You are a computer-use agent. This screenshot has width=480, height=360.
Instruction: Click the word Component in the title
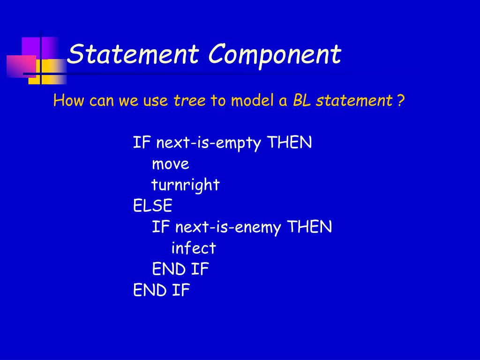(275, 55)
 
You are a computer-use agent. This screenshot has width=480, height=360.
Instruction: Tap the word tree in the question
(189, 100)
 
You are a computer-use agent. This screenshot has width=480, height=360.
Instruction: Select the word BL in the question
(302, 100)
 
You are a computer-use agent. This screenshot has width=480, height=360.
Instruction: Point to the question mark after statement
(401, 100)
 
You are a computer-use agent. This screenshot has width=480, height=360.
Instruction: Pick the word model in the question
(252, 100)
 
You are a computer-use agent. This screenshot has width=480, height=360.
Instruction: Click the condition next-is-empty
(209, 142)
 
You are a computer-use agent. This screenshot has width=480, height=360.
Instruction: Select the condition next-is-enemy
(228, 227)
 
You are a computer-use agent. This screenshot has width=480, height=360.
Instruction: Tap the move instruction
(171, 164)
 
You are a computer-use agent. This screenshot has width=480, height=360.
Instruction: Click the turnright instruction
(186, 185)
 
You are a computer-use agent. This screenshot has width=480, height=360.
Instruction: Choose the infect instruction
(194, 247)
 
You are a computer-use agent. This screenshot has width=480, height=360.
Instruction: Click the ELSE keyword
(152, 205)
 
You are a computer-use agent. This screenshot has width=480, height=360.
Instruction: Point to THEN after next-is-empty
(289, 142)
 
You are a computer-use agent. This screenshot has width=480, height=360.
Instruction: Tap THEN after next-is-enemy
(309, 227)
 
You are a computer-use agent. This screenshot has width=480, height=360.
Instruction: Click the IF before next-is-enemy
(161, 227)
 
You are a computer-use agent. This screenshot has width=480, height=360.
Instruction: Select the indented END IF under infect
(180, 269)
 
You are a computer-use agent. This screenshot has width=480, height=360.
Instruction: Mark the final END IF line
(162, 290)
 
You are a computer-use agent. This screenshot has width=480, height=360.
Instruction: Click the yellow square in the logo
(48, 71)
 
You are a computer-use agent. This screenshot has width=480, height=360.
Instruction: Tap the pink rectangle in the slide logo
(22, 66)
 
